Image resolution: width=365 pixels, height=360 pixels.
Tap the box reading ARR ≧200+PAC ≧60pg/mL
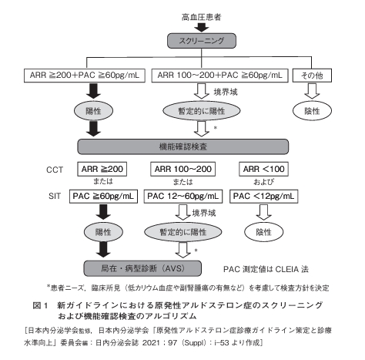80,76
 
